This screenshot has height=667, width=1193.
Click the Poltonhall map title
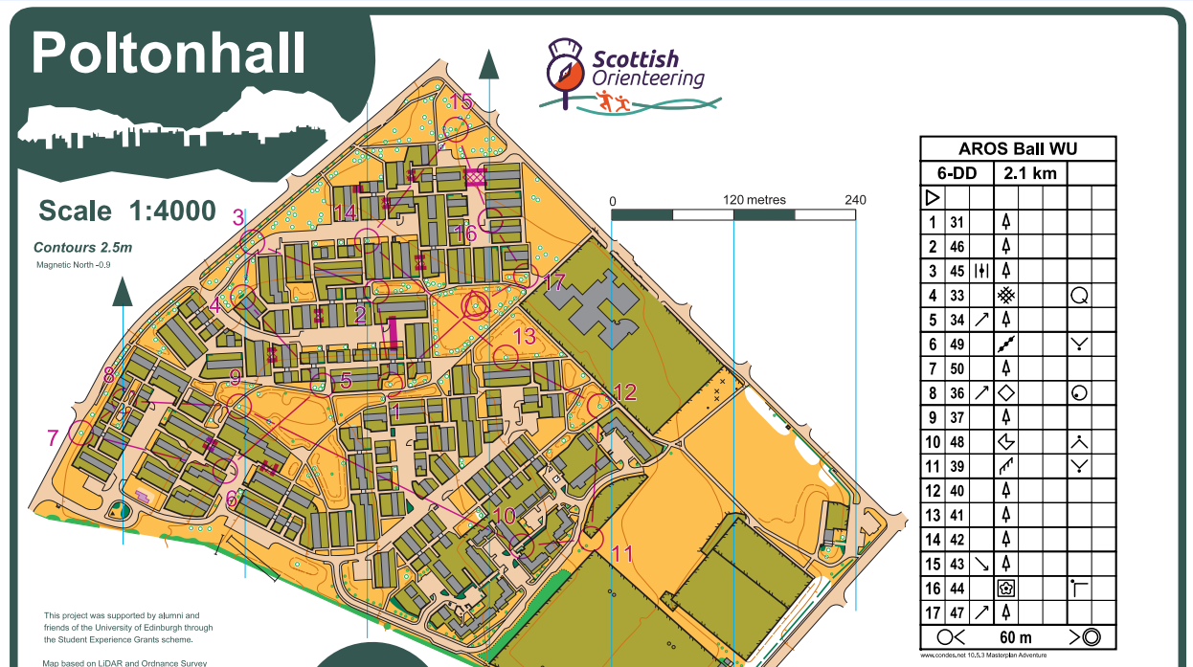[169, 54]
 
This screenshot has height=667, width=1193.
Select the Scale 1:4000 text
[127, 211]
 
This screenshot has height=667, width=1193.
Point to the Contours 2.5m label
[83, 247]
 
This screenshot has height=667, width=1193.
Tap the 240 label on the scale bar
[855, 200]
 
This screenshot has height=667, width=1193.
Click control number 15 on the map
[461, 101]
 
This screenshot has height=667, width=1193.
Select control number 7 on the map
[53, 437]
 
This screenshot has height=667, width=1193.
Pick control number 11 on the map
[622, 553]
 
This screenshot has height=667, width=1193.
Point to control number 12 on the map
[624, 391]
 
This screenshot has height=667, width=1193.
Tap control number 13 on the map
[525, 336]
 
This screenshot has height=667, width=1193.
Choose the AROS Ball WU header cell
[1018, 149]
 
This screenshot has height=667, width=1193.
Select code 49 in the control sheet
[957, 344]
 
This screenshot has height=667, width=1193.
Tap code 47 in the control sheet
[957, 612]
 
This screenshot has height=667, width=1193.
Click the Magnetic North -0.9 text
[74, 264]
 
